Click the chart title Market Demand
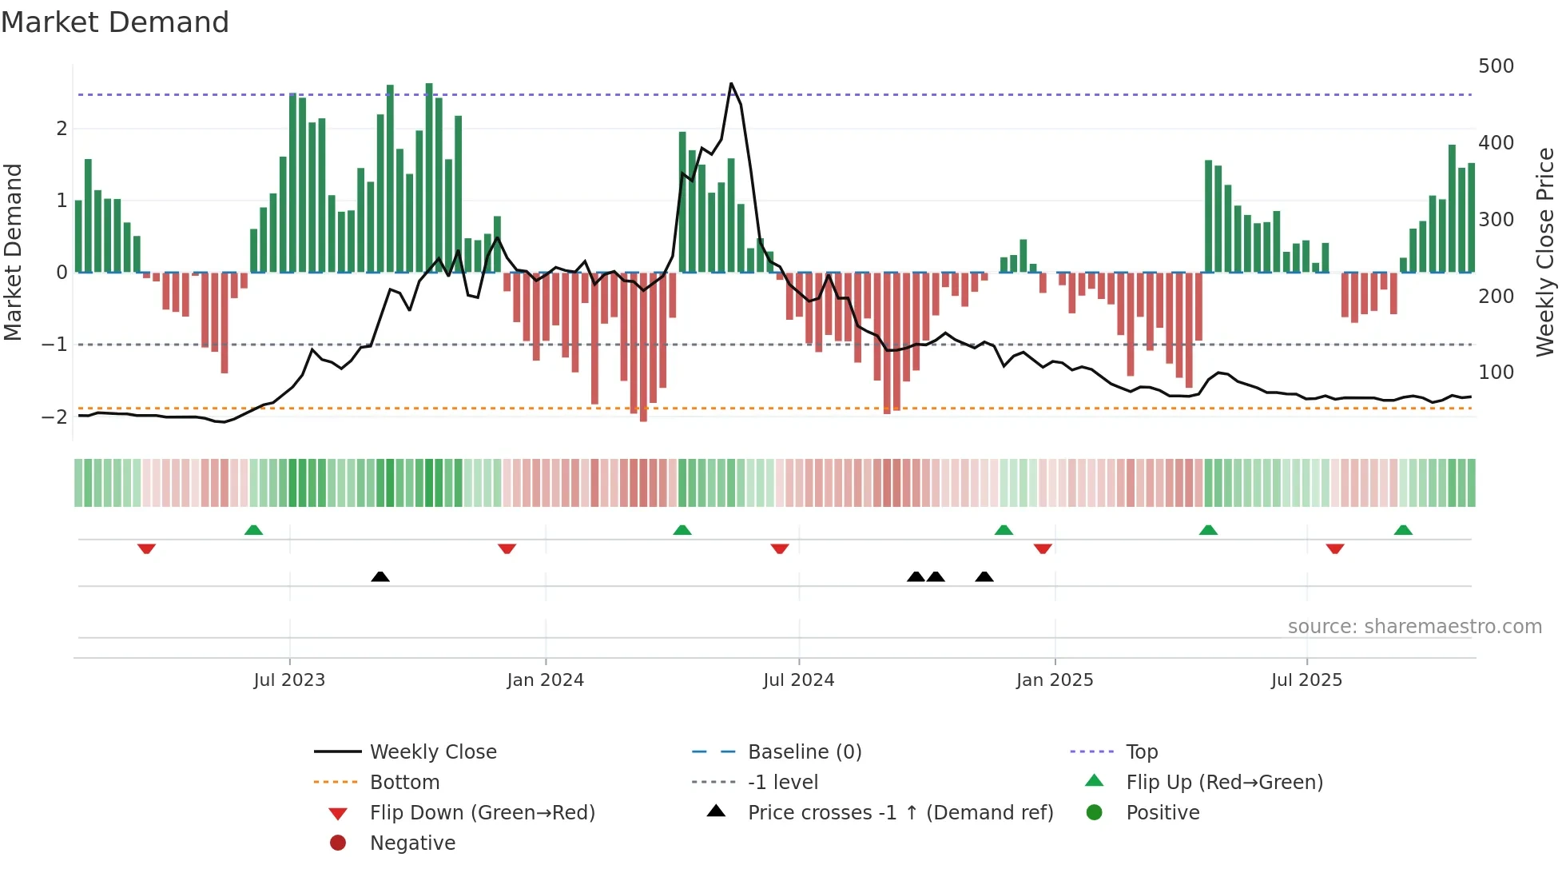tap(115, 22)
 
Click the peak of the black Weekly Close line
tap(731, 84)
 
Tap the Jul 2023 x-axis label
tap(289, 680)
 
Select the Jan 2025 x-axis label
tap(1055, 680)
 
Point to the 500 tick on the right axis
tap(1496, 66)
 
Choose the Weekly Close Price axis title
tap(1545, 252)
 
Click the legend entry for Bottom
tap(404, 782)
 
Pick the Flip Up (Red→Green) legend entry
tap(1224, 782)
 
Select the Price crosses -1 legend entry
tap(900, 812)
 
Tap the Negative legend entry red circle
tap(338, 843)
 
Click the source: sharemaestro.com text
tap(1414, 627)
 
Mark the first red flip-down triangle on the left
tap(146, 548)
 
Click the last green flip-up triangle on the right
tap(1403, 530)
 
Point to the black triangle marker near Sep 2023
tap(380, 576)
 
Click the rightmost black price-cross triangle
tap(984, 576)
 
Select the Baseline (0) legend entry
tap(804, 751)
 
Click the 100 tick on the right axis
tap(1496, 373)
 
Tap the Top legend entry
tap(1141, 751)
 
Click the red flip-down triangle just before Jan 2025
tap(1043, 548)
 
